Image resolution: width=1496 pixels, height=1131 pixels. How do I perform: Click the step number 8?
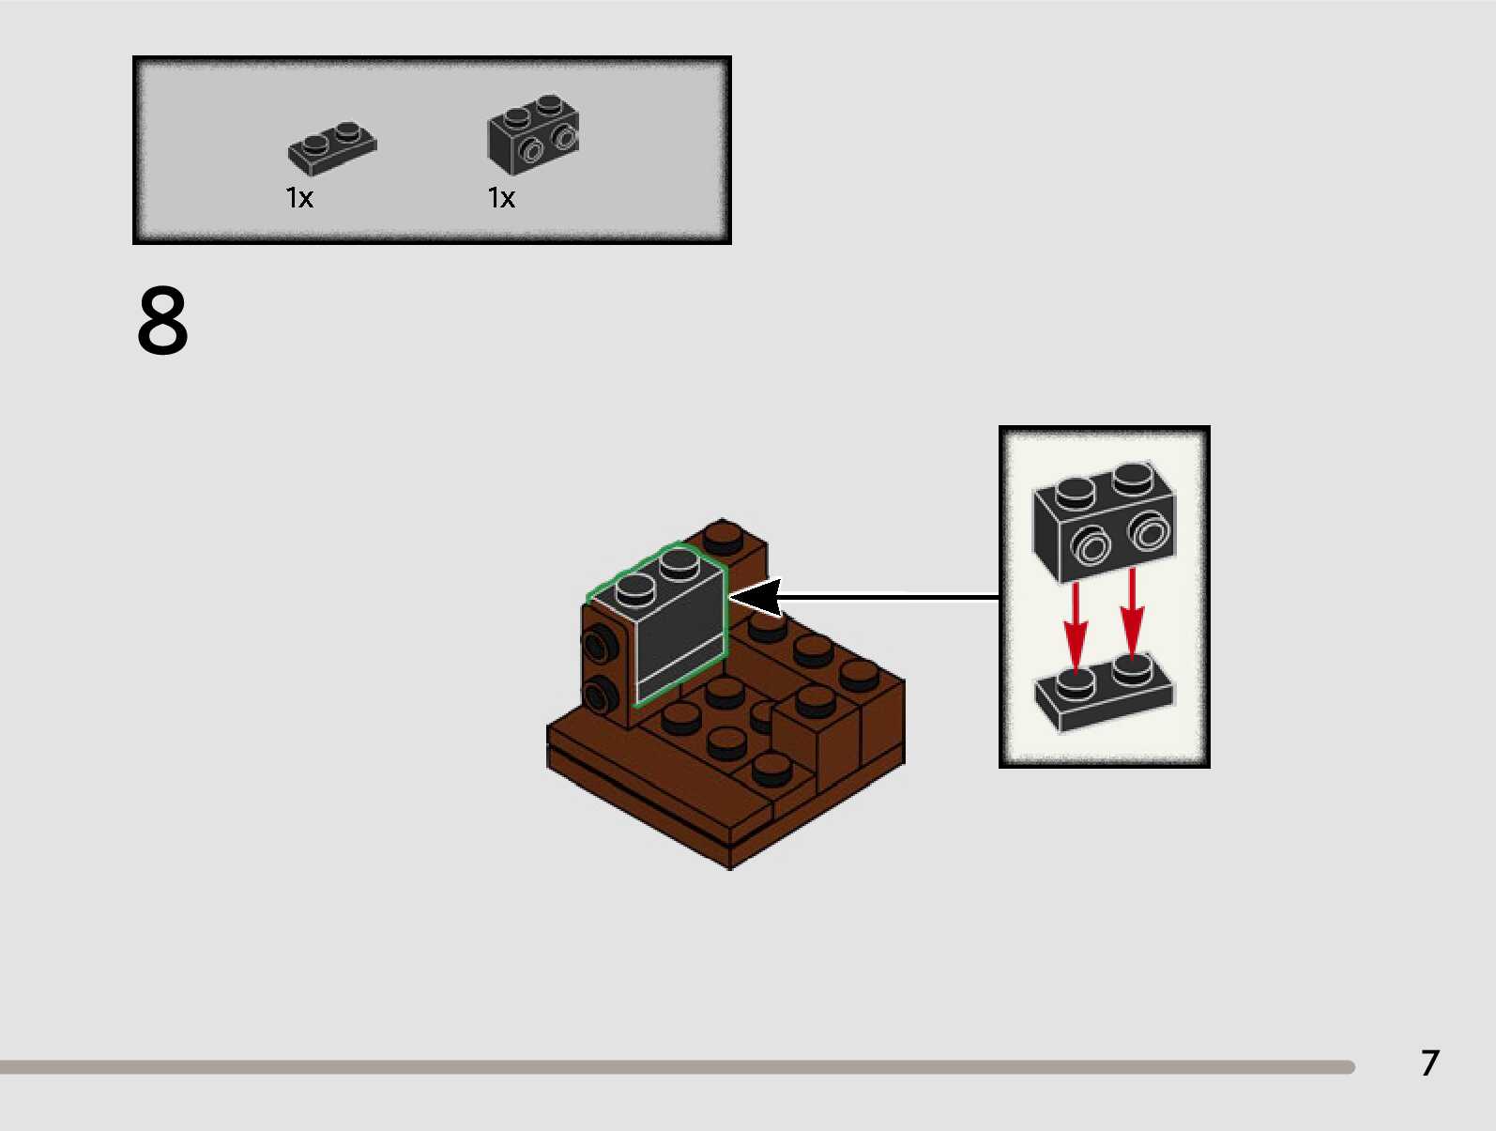click(x=162, y=321)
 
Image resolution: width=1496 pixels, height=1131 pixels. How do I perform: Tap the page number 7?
click(x=1429, y=1062)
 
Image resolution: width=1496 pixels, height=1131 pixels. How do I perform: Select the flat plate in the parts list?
click(x=332, y=148)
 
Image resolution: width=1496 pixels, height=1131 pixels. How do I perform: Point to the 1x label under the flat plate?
click(x=299, y=198)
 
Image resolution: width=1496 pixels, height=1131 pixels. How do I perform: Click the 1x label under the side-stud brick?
click(x=501, y=198)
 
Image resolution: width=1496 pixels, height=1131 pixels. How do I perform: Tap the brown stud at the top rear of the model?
click(x=724, y=538)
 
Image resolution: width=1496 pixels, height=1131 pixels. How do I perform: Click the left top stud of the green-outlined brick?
click(x=635, y=588)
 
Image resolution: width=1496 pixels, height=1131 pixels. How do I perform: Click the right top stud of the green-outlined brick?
click(x=679, y=563)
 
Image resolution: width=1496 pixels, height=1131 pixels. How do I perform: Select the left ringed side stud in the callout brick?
click(x=1091, y=545)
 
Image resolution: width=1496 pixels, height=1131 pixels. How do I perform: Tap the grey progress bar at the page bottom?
click(x=676, y=1067)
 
